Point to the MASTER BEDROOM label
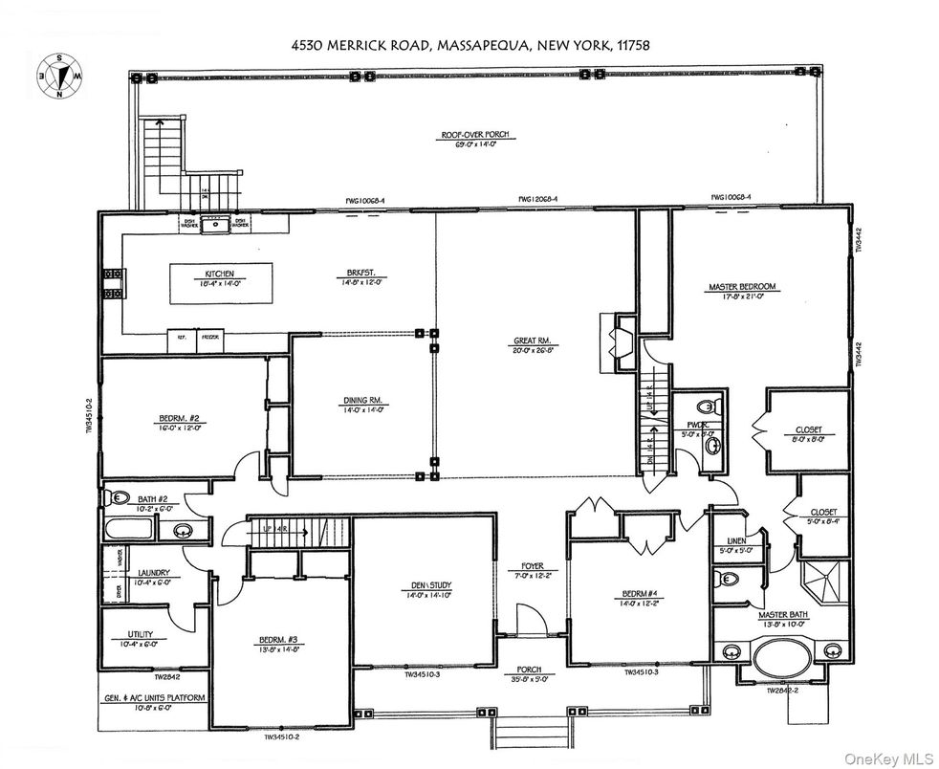741,286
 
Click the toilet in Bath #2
117,497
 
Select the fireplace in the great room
609,342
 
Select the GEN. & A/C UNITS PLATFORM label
154,698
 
